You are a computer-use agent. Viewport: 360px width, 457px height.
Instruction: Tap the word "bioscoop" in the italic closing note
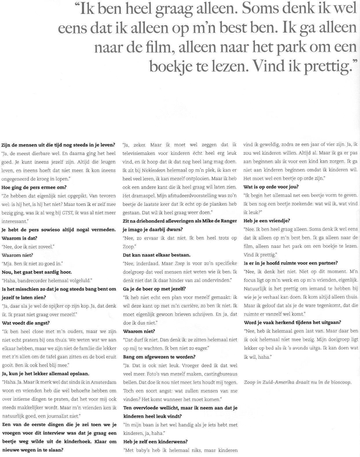tap(346, 383)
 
